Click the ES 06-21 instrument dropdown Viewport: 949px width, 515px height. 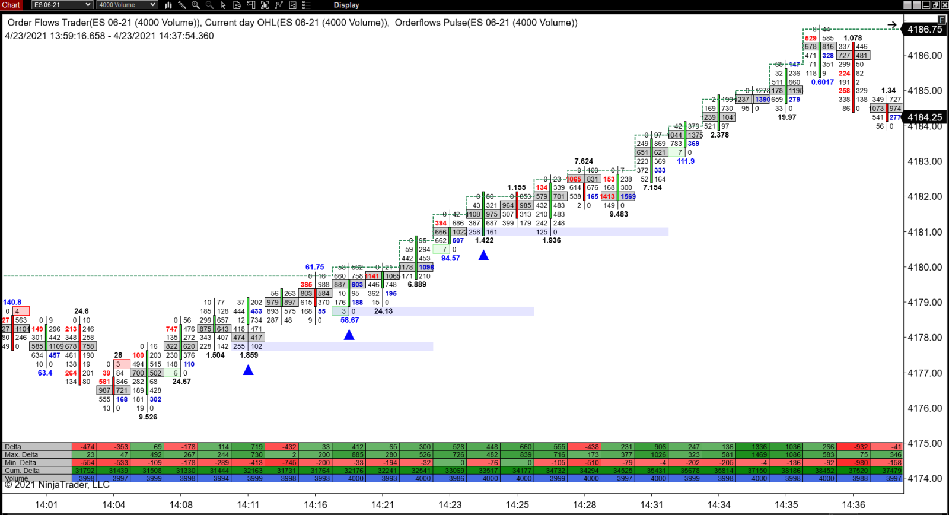[62, 5]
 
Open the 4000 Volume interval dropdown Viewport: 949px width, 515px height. [127, 5]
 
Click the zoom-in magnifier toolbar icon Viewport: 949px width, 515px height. [196, 5]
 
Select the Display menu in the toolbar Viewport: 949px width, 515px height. [346, 5]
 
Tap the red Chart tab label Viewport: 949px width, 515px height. [11, 5]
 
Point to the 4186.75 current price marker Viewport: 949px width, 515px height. [925, 29]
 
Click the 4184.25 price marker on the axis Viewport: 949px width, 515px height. [925, 117]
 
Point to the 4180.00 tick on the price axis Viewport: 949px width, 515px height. [925, 267]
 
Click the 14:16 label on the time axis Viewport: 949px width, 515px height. [316, 505]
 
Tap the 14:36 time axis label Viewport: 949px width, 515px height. [854, 505]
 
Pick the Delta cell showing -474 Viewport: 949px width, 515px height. [88, 447]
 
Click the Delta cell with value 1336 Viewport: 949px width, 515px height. [759, 447]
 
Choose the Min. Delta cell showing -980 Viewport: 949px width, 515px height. [860, 463]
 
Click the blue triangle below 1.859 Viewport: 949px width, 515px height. [249, 370]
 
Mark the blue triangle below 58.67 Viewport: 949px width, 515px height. [349, 335]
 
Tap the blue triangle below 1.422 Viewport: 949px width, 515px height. [484, 255]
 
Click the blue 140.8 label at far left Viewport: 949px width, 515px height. [12, 302]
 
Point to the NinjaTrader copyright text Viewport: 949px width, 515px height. [57, 485]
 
